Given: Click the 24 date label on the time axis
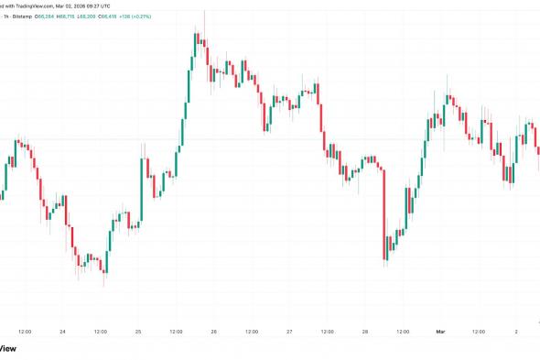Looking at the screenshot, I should coord(62,331).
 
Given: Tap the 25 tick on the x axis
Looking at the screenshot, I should coord(138,331).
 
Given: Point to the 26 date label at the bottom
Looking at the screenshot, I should coord(213,331).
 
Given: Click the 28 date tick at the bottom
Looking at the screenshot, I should coord(364,331).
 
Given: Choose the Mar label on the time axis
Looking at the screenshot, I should coord(440,331).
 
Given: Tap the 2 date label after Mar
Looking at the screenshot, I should coord(515,331).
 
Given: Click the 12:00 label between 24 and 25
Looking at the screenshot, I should coord(100,331).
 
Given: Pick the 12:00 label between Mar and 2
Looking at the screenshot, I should coord(478,331).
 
